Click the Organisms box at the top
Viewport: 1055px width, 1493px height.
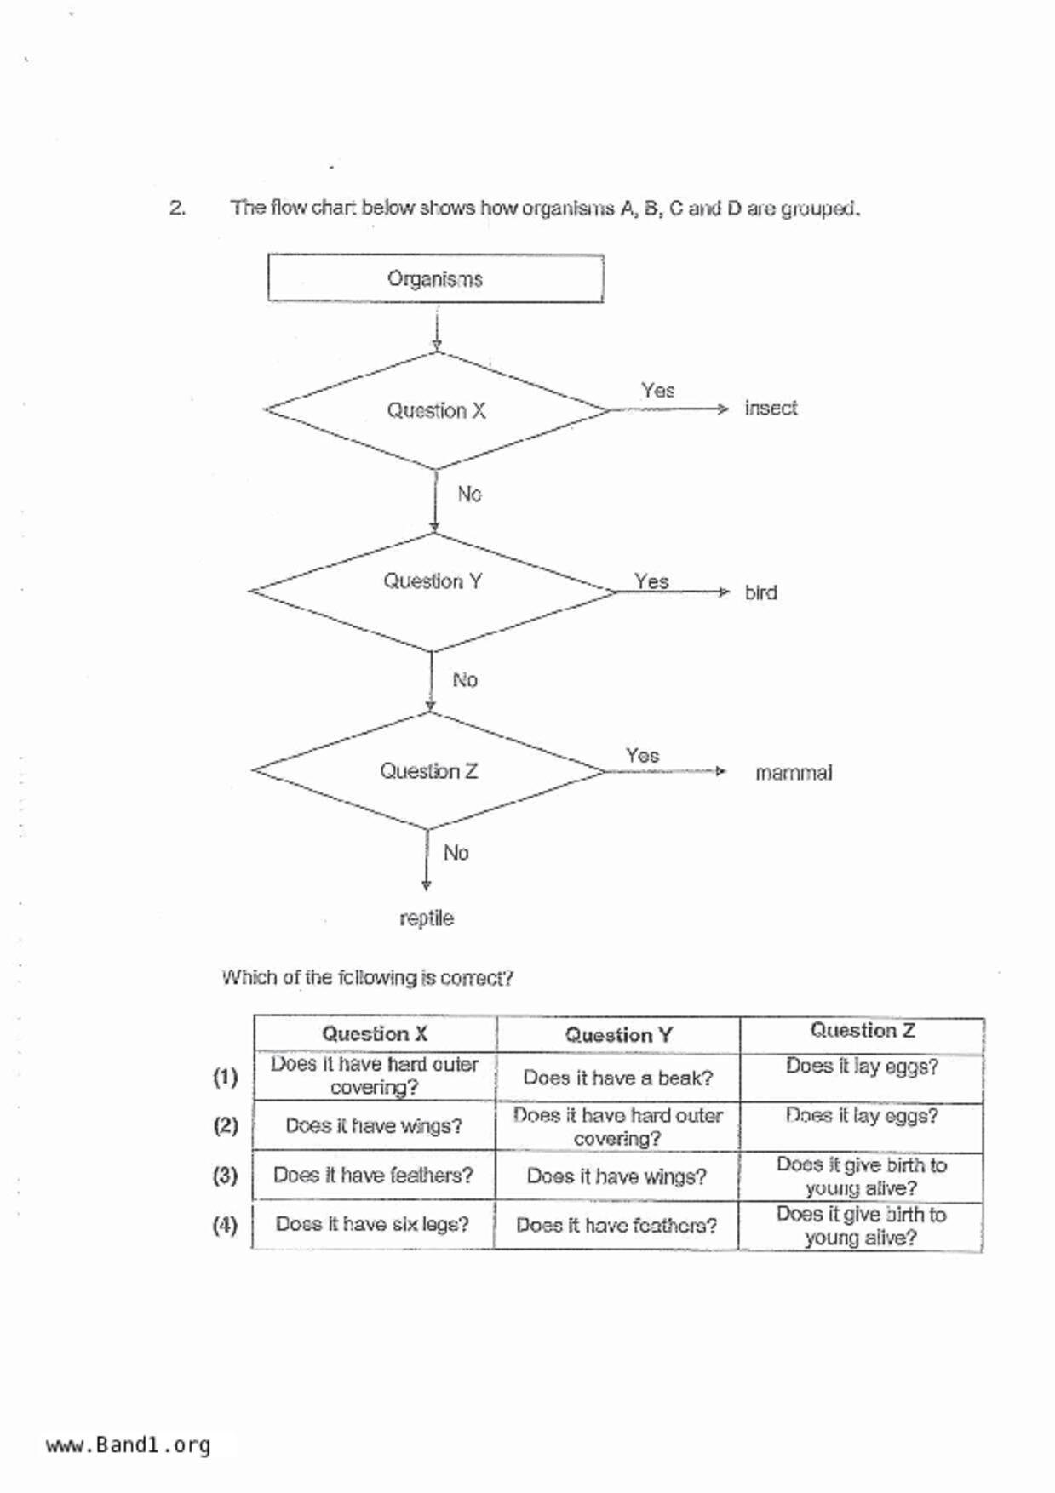pos(435,278)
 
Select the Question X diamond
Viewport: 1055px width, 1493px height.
pos(436,410)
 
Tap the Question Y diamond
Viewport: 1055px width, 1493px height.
pos(433,582)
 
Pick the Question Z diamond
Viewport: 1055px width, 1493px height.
pos(428,771)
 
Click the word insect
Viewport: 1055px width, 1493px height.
pos(771,409)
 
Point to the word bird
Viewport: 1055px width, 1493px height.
pos(760,592)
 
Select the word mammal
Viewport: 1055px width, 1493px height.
pos(793,773)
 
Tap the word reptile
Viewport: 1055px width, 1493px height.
pos(427,918)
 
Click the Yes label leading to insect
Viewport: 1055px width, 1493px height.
pos(657,391)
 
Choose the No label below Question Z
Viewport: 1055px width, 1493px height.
pos(456,853)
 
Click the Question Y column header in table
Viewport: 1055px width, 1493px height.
pos(618,1035)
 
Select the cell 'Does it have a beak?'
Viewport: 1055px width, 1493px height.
pos(618,1078)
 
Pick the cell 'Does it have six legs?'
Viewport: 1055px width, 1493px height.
pos(372,1224)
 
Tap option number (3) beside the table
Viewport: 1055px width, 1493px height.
pos(225,1176)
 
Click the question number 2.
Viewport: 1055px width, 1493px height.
pos(177,208)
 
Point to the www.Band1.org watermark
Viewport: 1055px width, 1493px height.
pos(128,1445)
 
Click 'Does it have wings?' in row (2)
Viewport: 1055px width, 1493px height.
pos(374,1126)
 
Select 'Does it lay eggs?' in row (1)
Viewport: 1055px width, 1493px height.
pos(862,1067)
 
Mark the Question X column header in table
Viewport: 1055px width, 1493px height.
pos(375,1034)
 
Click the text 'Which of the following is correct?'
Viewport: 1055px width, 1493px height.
pos(367,978)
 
